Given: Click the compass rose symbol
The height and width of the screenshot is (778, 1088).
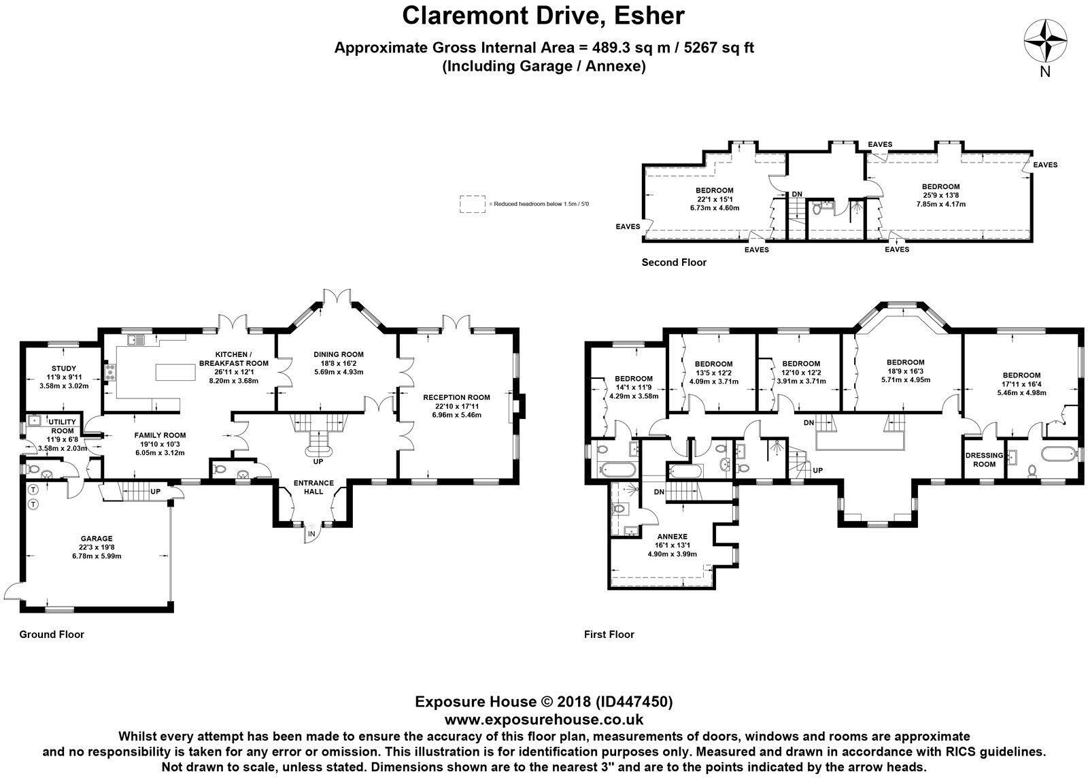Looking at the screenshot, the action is click(x=1045, y=41).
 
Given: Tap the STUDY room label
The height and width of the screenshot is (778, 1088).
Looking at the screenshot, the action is click(x=64, y=369).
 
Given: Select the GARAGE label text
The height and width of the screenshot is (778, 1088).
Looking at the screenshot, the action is click(x=97, y=539).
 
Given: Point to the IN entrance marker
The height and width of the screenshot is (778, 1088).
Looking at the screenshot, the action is click(x=312, y=535).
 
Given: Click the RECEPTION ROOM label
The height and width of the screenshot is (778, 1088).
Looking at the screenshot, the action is click(x=456, y=397).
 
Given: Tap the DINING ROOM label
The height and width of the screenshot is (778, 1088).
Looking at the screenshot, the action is click(x=339, y=354).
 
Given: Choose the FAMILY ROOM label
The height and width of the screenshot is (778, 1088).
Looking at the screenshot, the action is click(x=160, y=436).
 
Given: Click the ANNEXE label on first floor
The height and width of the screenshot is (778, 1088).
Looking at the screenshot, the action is click(x=673, y=537).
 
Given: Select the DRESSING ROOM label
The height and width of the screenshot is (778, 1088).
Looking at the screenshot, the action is click(x=984, y=460).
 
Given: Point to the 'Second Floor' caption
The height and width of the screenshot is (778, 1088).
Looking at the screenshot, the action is click(x=674, y=263).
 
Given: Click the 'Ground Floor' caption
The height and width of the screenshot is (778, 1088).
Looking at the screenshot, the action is click(x=52, y=635).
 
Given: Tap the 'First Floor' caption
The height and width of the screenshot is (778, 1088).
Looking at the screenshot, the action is click(x=609, y=635).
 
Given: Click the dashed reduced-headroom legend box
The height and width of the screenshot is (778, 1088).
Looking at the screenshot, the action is click(x=472, y=204).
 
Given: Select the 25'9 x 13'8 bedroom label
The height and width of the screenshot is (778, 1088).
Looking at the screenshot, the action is click(x=941, y=195).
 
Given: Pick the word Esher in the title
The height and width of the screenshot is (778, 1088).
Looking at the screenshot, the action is click(x=649, y=16).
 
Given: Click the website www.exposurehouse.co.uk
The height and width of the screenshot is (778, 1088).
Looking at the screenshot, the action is click(x=543, y=720).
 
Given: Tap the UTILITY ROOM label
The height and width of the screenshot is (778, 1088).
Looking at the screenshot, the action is click(x=62, y=426).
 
